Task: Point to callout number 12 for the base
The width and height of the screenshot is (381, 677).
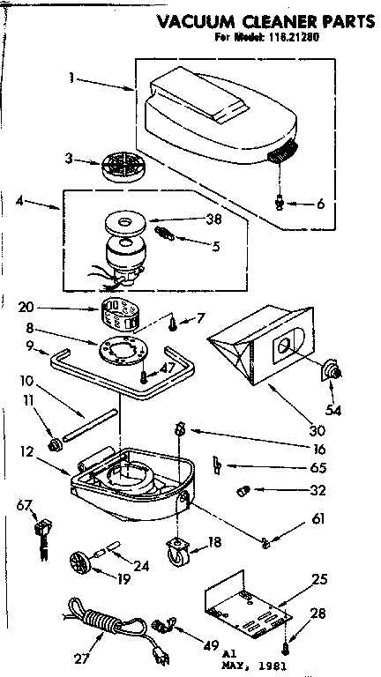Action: click(x=27, y=452)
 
